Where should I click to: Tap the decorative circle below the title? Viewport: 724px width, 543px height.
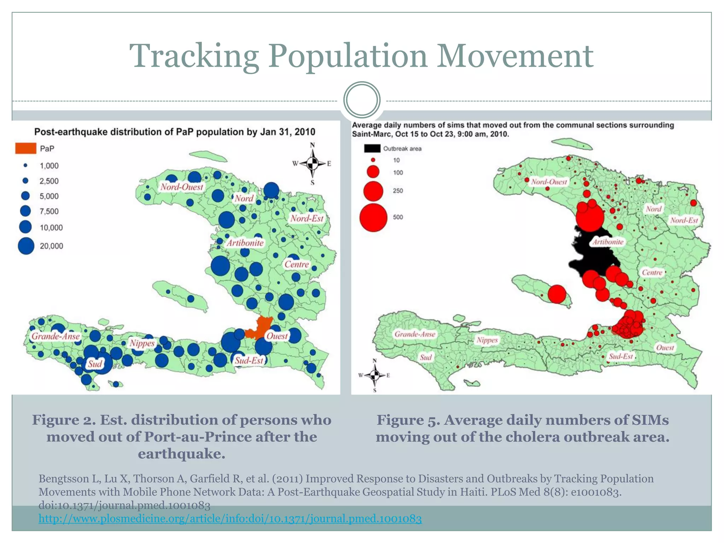(362, 100)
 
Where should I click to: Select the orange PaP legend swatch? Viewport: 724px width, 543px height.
(25, 148)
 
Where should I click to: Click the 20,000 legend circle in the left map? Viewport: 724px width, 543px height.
(26, 246)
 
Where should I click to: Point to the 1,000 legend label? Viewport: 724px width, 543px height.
(49, 166)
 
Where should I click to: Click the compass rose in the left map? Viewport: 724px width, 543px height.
(312, 164)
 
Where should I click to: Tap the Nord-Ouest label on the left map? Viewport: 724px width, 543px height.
(182, 187)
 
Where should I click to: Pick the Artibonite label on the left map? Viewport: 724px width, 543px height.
(245, 243)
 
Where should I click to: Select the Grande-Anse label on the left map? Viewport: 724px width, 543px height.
(56, 336)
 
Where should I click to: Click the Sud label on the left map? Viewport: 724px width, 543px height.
(95, 364)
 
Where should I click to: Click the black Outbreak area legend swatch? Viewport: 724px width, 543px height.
(372, 148)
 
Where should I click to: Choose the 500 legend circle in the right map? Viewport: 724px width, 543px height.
(373, 217)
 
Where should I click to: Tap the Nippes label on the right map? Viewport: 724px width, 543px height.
(487, 340)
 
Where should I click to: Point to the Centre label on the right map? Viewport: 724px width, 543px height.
(652, 273)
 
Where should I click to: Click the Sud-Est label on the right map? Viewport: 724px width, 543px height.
(621, 356)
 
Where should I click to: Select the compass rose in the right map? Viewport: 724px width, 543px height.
(375, 375)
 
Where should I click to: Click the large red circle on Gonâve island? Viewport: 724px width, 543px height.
(557, 294)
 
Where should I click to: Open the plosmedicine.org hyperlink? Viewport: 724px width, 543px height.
(230, 519)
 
